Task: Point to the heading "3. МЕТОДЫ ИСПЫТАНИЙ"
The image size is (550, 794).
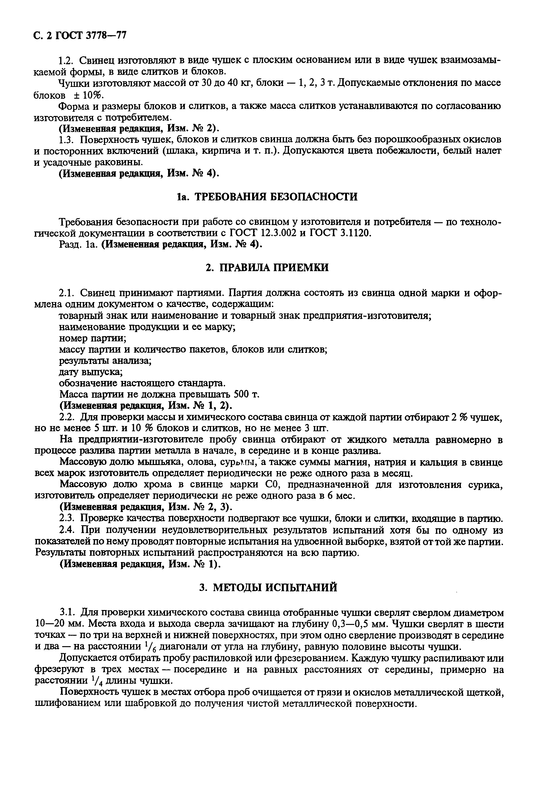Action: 268,587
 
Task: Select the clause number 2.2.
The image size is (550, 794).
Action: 67,418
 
